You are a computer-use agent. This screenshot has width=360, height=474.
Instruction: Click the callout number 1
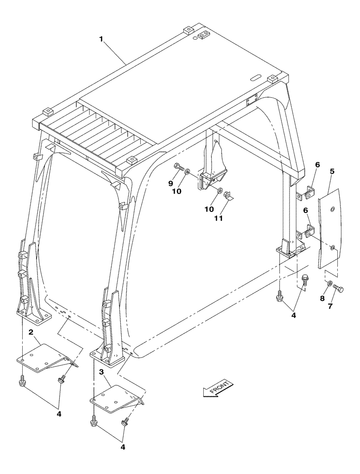click(101, 40)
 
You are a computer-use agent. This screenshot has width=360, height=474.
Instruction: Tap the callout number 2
click(30, 333)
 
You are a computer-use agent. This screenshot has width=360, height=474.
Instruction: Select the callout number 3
click(101, 372)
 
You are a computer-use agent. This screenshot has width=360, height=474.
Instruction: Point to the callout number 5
click(333, 171)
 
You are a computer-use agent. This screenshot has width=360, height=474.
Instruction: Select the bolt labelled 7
click(338, 288)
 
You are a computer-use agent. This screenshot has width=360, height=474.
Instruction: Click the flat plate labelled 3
click(116, 398)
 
